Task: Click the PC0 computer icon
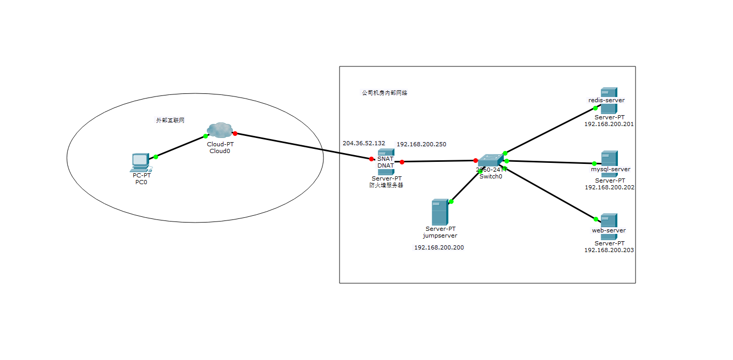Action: [140, 162]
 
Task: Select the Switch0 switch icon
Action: [490, 161]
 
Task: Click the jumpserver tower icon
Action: [440, 211]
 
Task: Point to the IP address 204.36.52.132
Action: [364, 143]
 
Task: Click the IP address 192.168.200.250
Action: [421, 144]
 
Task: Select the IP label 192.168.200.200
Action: [439, 247]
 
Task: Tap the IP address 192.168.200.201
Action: [609, 124]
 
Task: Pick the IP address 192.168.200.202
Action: [609, 187]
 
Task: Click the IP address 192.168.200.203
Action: [609, 250]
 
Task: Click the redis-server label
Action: [606, 100]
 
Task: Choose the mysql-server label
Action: [610, 169]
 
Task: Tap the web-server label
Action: [609, 230]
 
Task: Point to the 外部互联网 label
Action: [171, 120]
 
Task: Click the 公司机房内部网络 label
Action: [385, 93]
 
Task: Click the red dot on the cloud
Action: [235, 133]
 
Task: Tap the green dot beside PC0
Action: [156, 157]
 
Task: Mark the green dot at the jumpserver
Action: [452, 201]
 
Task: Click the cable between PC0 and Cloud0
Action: [180, 146]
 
